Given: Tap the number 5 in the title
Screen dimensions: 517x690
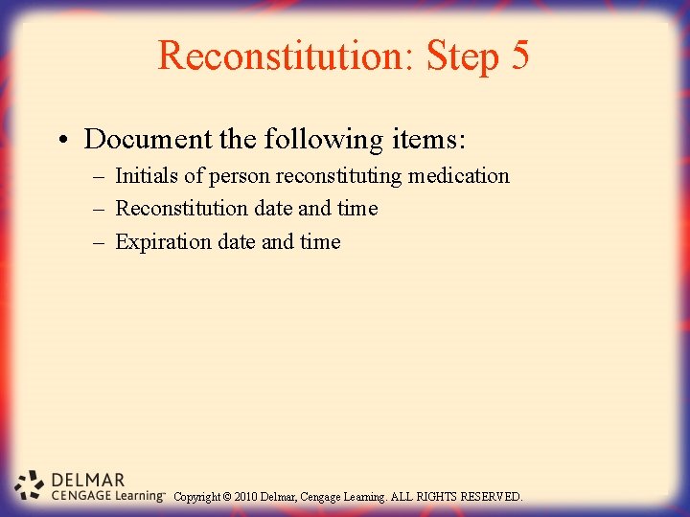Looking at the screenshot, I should click(518, 56).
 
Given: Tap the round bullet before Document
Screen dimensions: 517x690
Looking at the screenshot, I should click(60, 141).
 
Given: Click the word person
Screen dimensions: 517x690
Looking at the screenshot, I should click(240, 176).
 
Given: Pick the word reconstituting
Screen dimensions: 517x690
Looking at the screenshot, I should click(338, 176).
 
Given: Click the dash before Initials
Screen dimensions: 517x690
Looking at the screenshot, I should click(99, 177).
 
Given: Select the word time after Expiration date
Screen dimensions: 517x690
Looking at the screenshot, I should click(320, 242).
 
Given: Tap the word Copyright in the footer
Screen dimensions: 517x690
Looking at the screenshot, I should click(196, 497).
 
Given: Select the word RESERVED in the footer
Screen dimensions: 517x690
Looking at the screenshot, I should click(492, 497).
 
